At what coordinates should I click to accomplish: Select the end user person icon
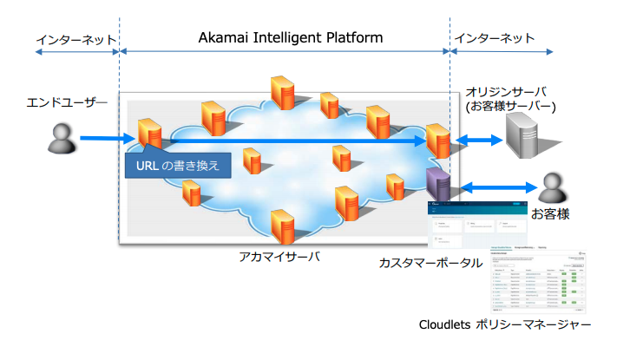(60, 138)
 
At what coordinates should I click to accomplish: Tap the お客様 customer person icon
(551, 185)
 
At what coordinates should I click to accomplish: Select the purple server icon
(437, 183)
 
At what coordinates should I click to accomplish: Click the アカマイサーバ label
(280, 257)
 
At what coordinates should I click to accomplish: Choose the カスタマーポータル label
(430, 262)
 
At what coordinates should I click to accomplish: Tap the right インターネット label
(495, 40)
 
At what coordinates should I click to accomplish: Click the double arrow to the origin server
(480, 139)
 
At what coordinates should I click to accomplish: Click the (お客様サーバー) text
(510, 107)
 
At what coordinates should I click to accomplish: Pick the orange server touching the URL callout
(149, 131)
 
